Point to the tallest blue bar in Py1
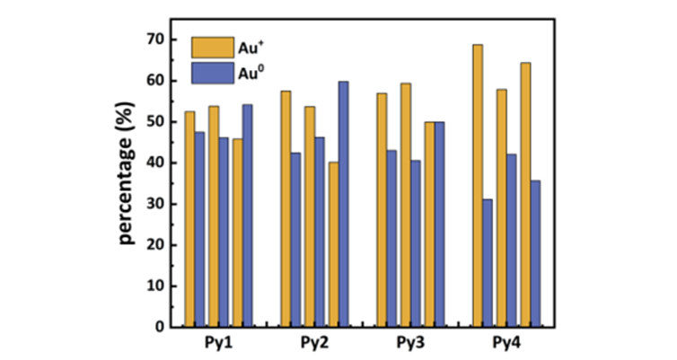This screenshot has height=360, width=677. [x=248, y=215]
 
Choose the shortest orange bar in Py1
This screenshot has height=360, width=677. [x=237, y=233]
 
